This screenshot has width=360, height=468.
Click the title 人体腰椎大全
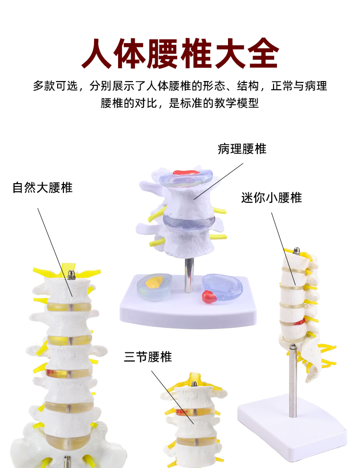pos(180,54)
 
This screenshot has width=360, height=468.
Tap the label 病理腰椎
pos(242,149)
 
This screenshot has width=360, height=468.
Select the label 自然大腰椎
pos(43,187)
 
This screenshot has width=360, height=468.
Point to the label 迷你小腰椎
pos(272,198)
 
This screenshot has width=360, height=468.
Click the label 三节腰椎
pos(148,357)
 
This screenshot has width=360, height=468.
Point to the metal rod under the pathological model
pos(189,275)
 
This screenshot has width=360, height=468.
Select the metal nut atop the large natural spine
pos(72,274)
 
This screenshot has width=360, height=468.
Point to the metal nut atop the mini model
pos(297,250)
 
